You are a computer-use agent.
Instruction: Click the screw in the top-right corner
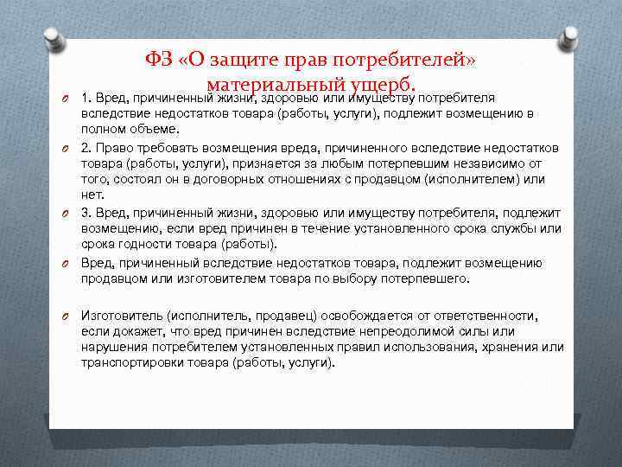570,37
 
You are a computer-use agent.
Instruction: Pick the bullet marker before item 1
65,97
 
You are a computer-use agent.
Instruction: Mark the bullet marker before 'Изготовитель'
65,317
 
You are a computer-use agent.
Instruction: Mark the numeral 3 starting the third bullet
85,212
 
